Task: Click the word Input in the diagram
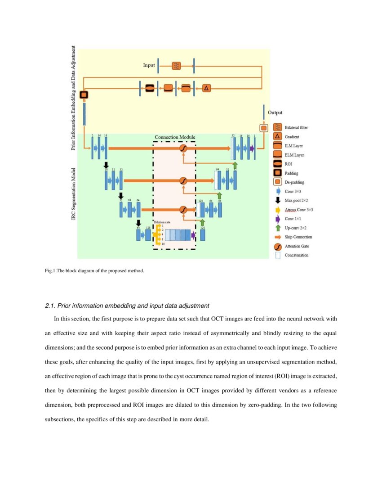tap(149, 65)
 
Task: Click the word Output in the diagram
tap(275, 112)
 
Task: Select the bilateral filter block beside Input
tap(177, 66)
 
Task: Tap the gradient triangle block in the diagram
tap(206, 88)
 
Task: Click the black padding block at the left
tap(84, 95)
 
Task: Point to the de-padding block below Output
tap(264, 128)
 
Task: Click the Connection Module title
tap(175, 137)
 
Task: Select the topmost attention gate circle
tap(183, 148)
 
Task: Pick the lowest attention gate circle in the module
tap(183, 210)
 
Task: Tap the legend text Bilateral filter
tap(296, 128)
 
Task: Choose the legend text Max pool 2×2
tap(296, 200)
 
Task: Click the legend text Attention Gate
tap(297, 246)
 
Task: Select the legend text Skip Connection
tap(298, 237)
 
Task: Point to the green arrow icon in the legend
tap(277, 228)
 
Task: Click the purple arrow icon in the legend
tap(277, 219)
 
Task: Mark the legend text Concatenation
tap(297, 255)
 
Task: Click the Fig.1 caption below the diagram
tap(94, 270)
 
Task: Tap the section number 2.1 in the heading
tap(50, 306)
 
